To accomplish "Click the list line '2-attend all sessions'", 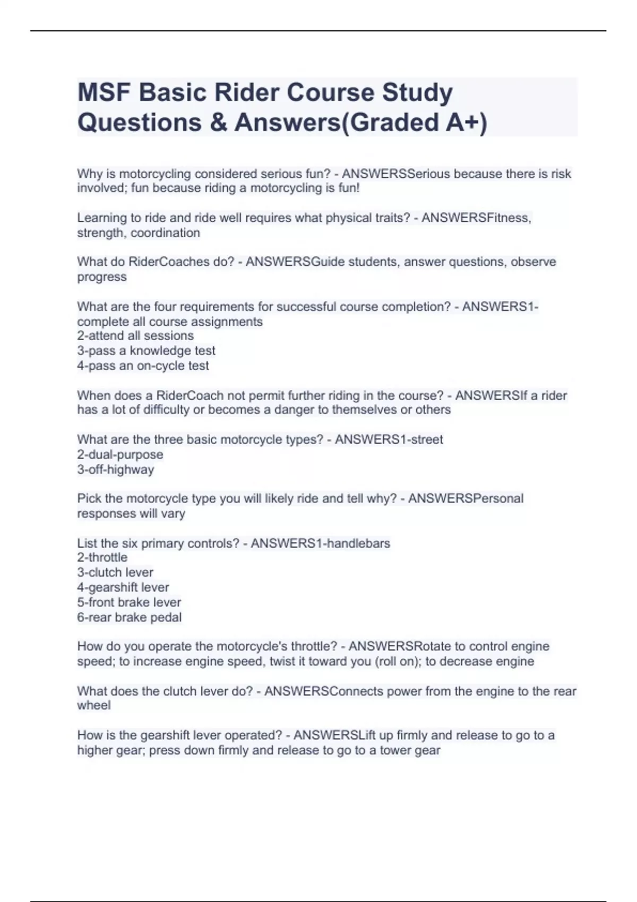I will (135, 336).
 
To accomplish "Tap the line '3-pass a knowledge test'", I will (146, 351).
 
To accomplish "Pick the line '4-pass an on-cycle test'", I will (143, 366).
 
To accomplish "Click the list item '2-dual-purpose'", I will (120, 455).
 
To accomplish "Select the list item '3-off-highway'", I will (116, 470).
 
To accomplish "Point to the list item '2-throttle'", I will (102, 558).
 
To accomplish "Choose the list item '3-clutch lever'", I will (115, 573).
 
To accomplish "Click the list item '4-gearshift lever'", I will (123, 587).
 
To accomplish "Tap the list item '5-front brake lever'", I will (129, 602).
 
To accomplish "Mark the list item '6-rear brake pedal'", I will (130, 617).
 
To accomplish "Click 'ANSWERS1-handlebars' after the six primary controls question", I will (320, 543).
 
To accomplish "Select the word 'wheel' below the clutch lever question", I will (94, 706).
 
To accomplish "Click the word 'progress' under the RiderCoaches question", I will (102, 277).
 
